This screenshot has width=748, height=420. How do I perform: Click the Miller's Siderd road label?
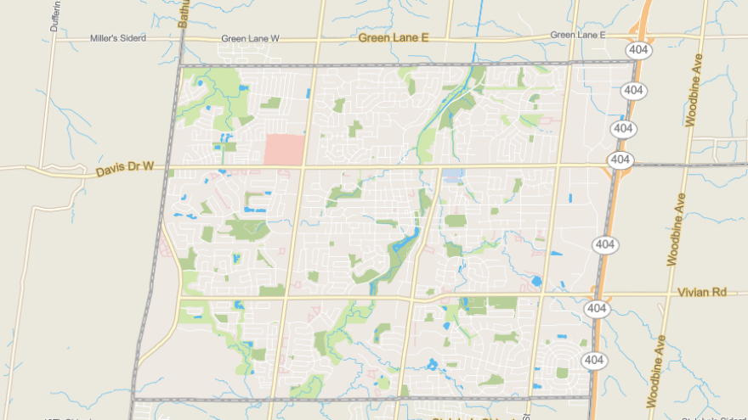[118, 38]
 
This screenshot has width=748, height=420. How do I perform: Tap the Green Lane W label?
[250, 38]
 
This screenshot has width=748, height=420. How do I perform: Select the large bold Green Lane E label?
[394, 37]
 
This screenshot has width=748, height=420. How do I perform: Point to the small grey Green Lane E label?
[577, 35]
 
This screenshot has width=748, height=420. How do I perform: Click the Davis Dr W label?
[124, 170]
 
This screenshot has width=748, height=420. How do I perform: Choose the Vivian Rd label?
[702, 292]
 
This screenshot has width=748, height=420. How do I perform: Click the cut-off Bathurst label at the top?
[182, 13]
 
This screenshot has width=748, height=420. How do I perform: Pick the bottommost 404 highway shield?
[594, 361]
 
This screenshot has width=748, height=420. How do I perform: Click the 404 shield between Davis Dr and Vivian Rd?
[604, 244]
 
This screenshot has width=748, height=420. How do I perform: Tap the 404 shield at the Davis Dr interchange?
[620, 160]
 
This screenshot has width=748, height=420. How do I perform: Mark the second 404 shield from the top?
[632, 90]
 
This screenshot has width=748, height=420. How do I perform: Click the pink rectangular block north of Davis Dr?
[284, 149]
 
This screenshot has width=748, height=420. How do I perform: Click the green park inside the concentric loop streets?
[562, 372]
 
